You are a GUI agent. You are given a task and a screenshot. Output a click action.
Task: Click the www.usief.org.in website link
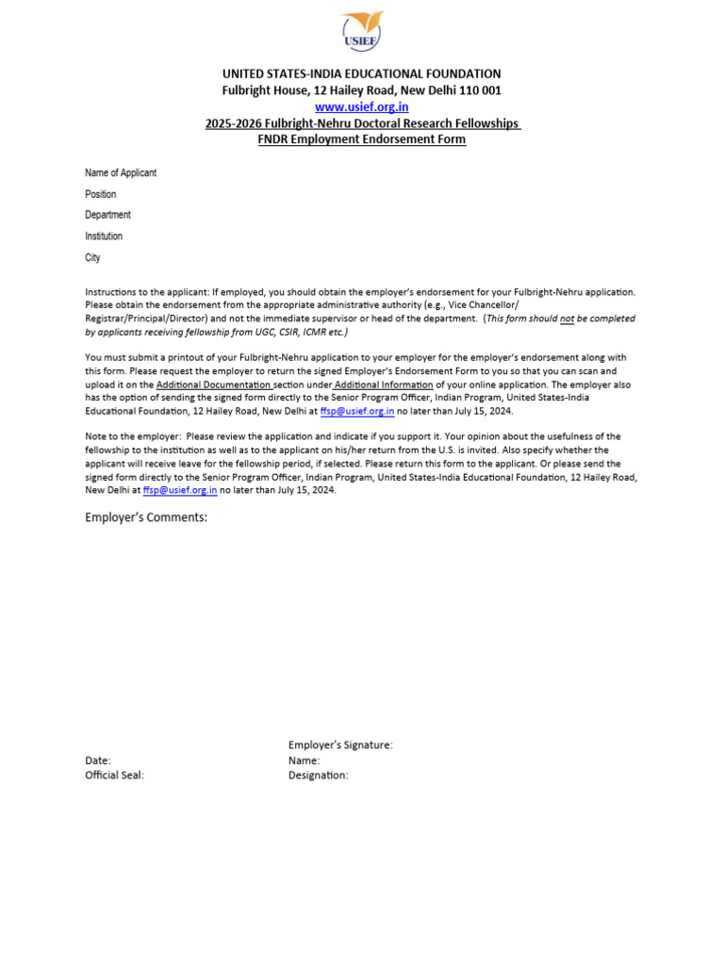click(362, 107)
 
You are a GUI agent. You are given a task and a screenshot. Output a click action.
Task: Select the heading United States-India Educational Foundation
click(362, 74)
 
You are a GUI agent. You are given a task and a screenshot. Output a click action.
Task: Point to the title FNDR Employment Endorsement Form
click(362, 139)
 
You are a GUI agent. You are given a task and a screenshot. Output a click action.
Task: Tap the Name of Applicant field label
click(121, 173)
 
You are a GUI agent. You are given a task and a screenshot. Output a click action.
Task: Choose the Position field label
click(101, 194)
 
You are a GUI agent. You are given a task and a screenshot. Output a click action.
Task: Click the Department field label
click(107, 215)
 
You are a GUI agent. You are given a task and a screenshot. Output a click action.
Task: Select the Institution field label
click(104, 237)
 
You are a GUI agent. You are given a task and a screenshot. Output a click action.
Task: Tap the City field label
click(92, 257)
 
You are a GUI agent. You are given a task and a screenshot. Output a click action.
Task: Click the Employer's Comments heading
click(146, 517)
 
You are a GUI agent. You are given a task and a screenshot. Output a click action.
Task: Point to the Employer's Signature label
click(340, 744)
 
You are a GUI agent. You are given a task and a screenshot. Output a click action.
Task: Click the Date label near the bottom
click(98, 760)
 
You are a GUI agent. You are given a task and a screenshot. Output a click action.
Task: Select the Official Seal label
click(115, 776)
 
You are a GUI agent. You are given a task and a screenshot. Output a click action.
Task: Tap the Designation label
click(319, 776)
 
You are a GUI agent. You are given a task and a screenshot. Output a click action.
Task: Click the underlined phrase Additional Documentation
click(214, 384)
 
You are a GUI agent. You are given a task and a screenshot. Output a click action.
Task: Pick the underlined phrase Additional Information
click(384, 384)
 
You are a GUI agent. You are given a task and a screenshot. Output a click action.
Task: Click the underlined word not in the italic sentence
click(568, 319)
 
